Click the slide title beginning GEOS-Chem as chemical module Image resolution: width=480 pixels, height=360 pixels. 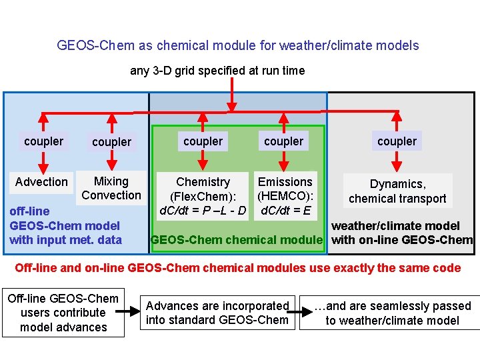[238, 45]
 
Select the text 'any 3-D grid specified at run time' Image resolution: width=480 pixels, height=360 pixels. [217, 71]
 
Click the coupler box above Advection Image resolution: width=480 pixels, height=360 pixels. [43, 141]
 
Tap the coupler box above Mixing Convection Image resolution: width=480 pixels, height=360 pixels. [111, 142]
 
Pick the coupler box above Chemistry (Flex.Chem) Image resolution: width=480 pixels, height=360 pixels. [203, 141]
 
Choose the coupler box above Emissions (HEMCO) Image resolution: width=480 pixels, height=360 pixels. [283, 141]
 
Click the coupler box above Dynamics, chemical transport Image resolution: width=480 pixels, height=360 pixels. [397, 141]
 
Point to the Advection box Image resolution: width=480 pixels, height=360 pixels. [41, 182]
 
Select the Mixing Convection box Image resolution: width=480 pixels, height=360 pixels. [111, 188]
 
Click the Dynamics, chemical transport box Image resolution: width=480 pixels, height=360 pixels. [397, 191]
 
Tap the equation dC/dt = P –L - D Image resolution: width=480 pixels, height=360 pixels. [203, 211]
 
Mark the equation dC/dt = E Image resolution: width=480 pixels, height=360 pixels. [285, 211]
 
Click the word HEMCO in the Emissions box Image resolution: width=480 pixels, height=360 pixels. [285, 197]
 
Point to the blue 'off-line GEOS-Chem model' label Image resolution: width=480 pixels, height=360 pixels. [65, 225]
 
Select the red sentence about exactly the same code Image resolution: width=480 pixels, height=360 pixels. [238, 268]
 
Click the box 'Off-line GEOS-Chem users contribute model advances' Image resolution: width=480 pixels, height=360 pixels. [63, 313]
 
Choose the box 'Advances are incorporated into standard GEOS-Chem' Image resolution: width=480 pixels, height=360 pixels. [217, 313]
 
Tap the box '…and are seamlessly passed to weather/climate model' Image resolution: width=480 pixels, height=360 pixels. [391, 313]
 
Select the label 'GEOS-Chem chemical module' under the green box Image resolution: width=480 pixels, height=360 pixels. [237, 240]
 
